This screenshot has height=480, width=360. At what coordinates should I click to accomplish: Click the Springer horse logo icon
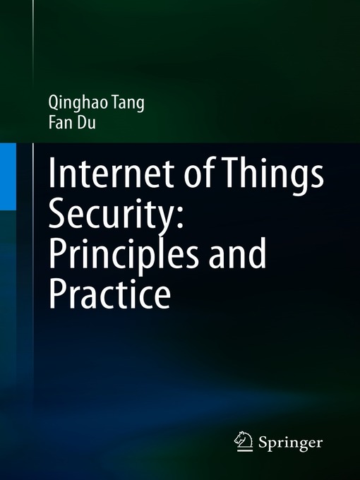[244, 442]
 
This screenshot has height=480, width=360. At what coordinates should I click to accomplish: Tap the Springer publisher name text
[290, 443]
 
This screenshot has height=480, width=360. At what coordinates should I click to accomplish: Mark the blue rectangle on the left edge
[8, 175]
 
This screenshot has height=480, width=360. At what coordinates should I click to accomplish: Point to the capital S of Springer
[263, 443]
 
